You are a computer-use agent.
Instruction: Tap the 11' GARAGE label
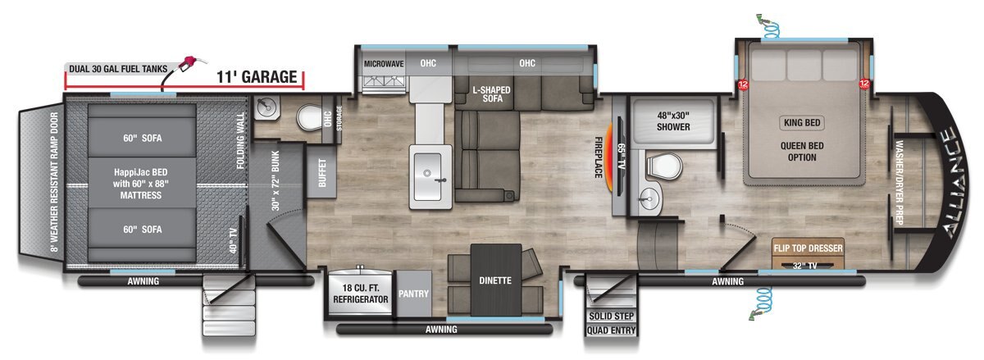coord(257,77)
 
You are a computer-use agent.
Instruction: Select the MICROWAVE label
coord(384,64)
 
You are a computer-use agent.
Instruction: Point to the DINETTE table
coord(496,280)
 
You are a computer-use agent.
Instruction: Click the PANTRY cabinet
coord(413,294)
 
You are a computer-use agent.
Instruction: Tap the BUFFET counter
coord(322,173)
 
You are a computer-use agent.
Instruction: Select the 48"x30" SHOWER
coord(673,121)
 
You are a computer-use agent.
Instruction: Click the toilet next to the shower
coord(663,166)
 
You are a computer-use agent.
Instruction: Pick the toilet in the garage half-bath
coord(310,117)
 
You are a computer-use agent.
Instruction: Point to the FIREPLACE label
coord(598,157)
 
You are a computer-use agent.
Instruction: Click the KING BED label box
coord(802,123)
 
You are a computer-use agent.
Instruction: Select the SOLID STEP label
coord(611,316)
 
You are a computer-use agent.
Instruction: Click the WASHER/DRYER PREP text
coord(900,182)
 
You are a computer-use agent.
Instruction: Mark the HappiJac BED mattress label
coord(140,184)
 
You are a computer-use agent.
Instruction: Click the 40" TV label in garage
coord(233,240)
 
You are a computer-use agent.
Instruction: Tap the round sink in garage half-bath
coord(266,106)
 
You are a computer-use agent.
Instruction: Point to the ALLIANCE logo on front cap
coord(953,181)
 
